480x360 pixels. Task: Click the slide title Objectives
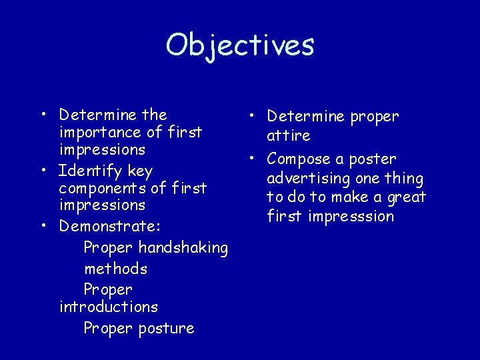[x=240, y=45]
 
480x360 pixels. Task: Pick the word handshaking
[x=183, y=249]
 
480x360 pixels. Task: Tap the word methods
[x=115, y=269]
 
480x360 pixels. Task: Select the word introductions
[x=109, y=307]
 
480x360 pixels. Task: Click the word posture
[x=166, y=329]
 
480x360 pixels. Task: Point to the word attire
[x=289, y=136]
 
